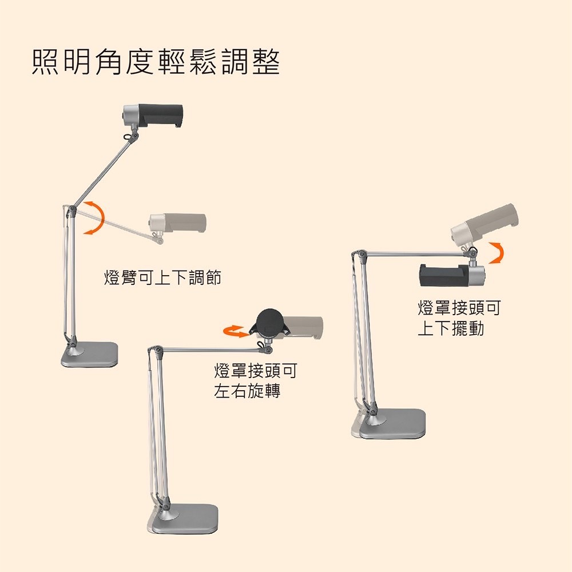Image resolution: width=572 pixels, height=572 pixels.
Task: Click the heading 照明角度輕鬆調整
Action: pyautogui.click(x=156, y=62)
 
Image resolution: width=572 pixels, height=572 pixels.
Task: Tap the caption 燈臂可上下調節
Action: pyautogui.click(x=162, y=277)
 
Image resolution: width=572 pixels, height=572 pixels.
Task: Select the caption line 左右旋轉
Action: pyautogui.click(x=247, y=391)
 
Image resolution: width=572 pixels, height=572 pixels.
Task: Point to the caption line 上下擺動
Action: pyautogui.click(x=451, y=328)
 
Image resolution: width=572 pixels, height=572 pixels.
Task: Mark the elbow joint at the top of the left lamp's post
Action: pyautogui.click(x=72, y=209)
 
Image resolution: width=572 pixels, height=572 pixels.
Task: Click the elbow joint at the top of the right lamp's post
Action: pyautogui.click(x=362, y=253)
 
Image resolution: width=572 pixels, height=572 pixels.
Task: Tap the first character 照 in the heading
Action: pyautogui.click(x=45, y=62)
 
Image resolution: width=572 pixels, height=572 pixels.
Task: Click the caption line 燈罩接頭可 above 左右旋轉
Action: pyautogui.click(x=256, y=371)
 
